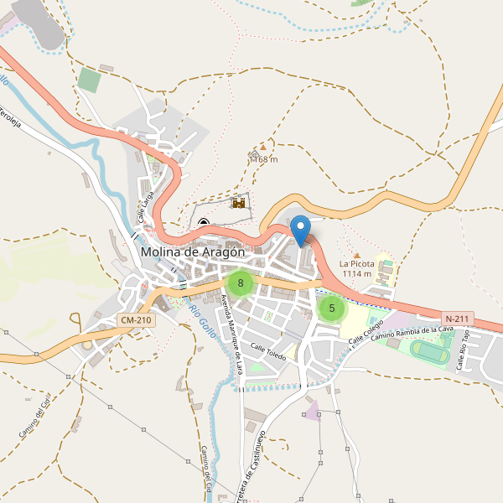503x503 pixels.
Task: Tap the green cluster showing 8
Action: coord(241,283)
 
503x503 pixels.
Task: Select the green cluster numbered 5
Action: coord(332,308)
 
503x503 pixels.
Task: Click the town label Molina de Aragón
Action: coord(193,251)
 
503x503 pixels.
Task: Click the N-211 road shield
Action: coord(459,319)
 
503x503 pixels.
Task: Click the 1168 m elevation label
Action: coord(263,159)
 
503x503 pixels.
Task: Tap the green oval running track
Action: coord(430,352)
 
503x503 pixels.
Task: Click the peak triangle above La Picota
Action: coord(356,254)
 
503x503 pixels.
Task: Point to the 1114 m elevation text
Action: coord(355,274)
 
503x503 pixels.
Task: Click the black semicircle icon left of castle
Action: coord(204,223)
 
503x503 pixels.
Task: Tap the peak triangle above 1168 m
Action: coord(262,148)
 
